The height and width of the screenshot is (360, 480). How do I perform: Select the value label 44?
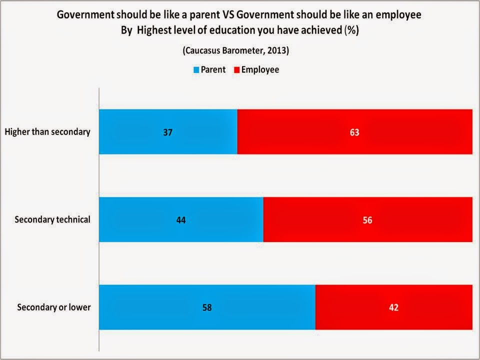tap(181, 220)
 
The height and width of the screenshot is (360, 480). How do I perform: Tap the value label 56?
tap(367, 220)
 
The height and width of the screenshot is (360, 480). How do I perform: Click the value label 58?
tap(207, 307)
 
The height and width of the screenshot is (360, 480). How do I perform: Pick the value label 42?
tap(393, 307)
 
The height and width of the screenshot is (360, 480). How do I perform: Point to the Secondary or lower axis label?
tap(54, 307)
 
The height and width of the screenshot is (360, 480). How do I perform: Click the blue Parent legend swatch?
tap(196, 70)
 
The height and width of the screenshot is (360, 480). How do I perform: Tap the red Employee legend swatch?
tap(236, 70)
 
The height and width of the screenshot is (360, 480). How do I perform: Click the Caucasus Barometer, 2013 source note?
tap(239, 50)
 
